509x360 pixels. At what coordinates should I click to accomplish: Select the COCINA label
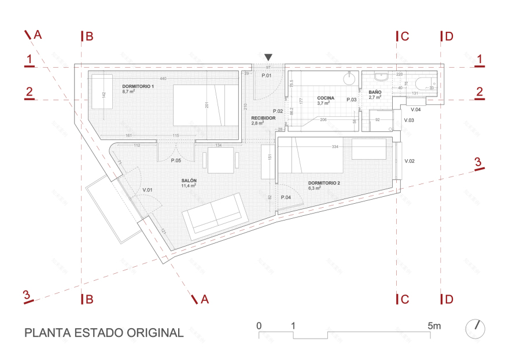(x=326, y=98)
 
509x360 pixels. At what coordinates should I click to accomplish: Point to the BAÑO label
(x=375, y=92)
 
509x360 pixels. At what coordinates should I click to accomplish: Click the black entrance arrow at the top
(x=268, y=57)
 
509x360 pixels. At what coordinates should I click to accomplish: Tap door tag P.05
(x=176, y=160)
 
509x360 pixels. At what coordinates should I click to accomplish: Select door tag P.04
(x=286, y=197)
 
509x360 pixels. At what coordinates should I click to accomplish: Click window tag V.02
(x=410, y=160)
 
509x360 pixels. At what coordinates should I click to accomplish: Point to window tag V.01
(x=147, y=189)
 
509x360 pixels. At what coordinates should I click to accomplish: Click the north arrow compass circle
(x=475, y=329)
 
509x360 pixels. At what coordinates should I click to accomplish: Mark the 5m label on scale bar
(x=434, y=326)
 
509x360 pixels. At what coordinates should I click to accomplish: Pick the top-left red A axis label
(x=38, y=35)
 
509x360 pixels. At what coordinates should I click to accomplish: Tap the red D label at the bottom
(x=449, y=299)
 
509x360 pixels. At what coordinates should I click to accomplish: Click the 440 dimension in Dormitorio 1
(x=163, y=79)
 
